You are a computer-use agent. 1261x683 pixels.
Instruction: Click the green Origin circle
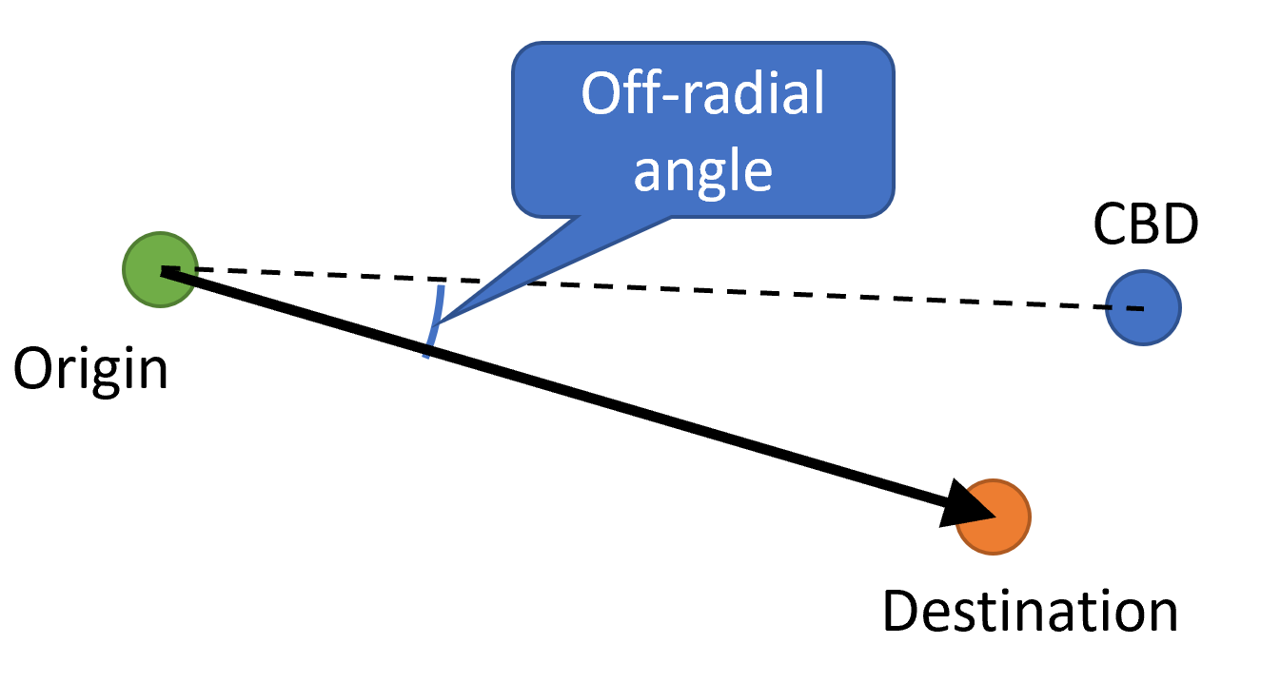pyautogui.click(x=160, y=270)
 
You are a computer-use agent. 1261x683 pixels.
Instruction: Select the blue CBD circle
pyautogui.click(x=1143, y=308)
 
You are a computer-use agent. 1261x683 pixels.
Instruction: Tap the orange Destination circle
pyautogui.click(x=994, y=517)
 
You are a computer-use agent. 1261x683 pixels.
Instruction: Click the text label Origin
pyautogui.click(x=90, y=367)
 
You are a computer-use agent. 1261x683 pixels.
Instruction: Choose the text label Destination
pyautogui.click(x=1030, y=611)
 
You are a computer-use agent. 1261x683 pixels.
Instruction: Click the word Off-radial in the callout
pyautogui.click(x=702, y=95)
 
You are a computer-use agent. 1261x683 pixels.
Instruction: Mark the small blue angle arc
pyautogui.click(x=434, y=320)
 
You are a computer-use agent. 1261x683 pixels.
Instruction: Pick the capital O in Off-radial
pyautogui.click(x=602, y=95)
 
